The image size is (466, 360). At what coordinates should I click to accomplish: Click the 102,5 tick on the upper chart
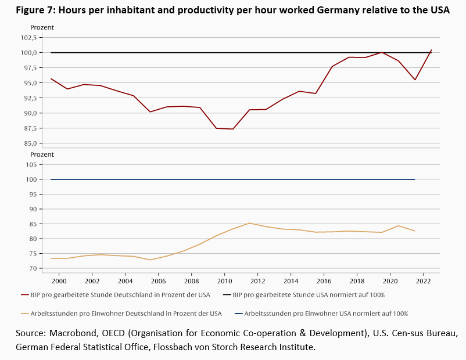28,37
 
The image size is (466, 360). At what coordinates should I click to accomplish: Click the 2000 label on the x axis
59,280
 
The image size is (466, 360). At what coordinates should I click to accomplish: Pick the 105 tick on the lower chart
32,164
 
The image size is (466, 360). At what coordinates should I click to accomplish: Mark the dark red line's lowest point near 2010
233,129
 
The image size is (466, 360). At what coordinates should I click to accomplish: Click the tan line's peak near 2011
250,223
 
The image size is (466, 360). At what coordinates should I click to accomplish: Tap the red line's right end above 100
431,50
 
